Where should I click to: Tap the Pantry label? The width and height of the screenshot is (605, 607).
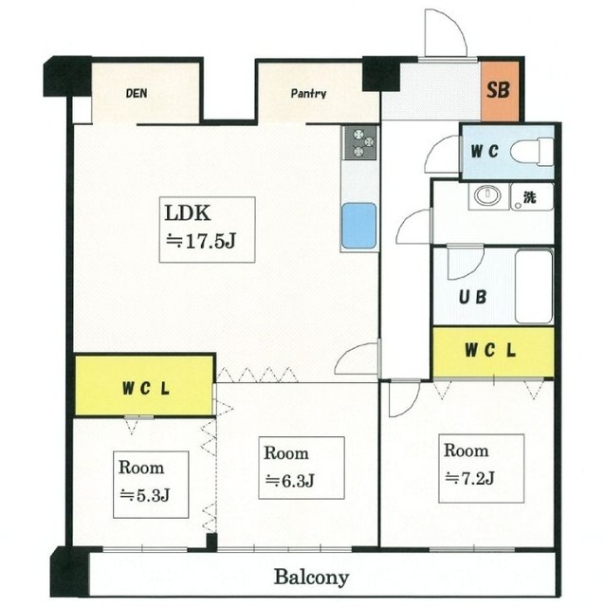coord(308,94)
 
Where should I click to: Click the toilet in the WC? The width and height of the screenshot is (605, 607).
coord(537,152)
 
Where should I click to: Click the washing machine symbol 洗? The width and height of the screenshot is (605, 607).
coord(529,199)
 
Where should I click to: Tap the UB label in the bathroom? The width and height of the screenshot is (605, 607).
coord(473,296)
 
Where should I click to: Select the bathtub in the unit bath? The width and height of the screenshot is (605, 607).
coord(533,284)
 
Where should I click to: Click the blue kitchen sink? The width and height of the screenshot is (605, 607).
coord(359,226)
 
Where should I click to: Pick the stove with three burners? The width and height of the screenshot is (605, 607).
coord(360,143)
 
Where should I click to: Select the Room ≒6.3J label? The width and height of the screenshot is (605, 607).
coord(288,467)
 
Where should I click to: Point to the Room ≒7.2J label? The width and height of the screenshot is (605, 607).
coord(468,464)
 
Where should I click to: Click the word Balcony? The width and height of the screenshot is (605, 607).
coord(312,576)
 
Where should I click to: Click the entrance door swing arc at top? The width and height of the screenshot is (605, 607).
coord(445,34)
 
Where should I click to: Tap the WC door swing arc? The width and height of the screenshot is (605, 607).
coord(441,151)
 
